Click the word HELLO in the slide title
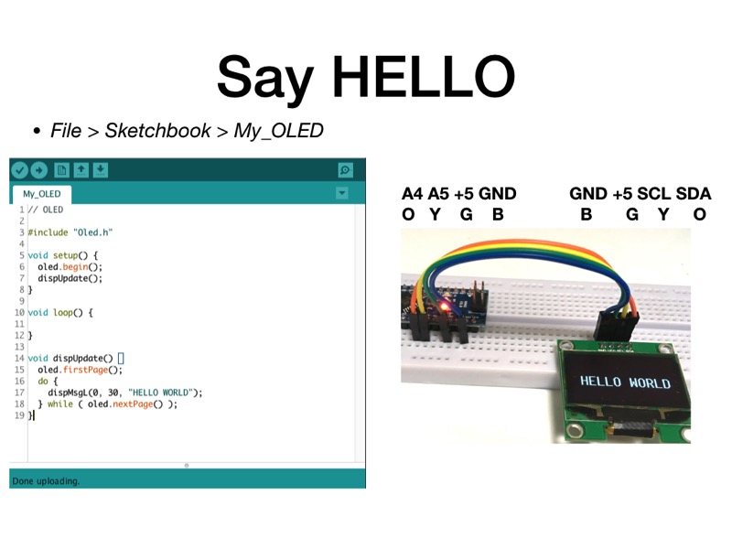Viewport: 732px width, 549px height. pyautogui.click(x=424, y=77)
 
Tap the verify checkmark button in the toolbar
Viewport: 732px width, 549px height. pyautogui.click(x=19, y=170)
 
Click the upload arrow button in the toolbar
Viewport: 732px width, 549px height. pyautogui.click(x=39, y=170)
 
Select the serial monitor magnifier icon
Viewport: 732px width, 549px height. pyautogui.click(x=345, y=170)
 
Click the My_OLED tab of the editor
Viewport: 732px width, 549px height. pyautogui.click(x=41, y=194)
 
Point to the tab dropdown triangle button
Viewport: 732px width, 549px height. pyautogui.click(x=341, y=193)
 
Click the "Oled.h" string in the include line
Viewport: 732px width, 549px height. pyautogui.click(x=93, y=232)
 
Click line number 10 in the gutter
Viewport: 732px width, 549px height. pyautogui.click(x=19, y=313)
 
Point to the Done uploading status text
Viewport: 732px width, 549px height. pyautogui.click(x=46, y=481)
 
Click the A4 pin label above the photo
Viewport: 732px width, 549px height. pyautogui.click(x=413, y=194)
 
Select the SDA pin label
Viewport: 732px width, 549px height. pyautogui.click(x=694, y=194)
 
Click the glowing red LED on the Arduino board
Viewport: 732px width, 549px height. pyautogui.click(x=445, y=307)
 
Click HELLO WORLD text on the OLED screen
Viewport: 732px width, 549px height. pyautogui.click(x=626, y=382)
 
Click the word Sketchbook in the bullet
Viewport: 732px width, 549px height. pyautogui.click(x=157, y=131)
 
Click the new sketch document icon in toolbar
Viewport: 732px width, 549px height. pyautogui.click(x=61, y=170)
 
